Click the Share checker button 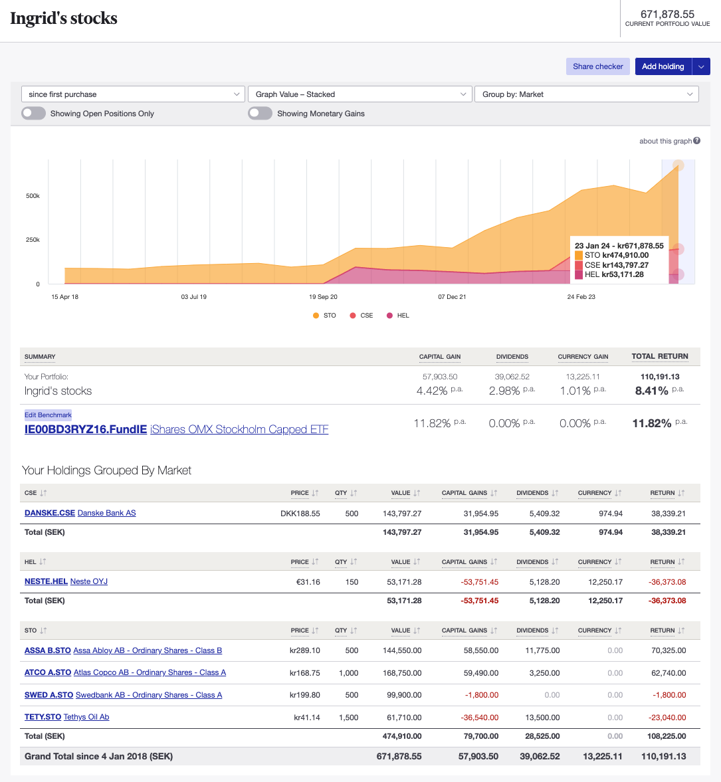coord(597,66)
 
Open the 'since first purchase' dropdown coord(133,94)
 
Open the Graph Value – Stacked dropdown coord(359,94)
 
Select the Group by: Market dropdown coord(586,94)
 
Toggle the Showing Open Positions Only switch coord(33,114)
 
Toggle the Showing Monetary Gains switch coord(260,114)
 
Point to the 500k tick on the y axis coord(33,196)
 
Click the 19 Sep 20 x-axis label coord(323,297)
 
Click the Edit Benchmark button coord(48,415)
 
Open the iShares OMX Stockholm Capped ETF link coord(239,429)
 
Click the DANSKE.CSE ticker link coord(50,513)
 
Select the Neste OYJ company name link coord(89,581)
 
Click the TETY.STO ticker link coord(43,717)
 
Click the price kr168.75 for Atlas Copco coord(304,673)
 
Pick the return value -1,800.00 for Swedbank coord(669,695)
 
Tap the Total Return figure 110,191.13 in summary coord(659,377)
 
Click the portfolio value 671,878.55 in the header coord(667,14)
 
